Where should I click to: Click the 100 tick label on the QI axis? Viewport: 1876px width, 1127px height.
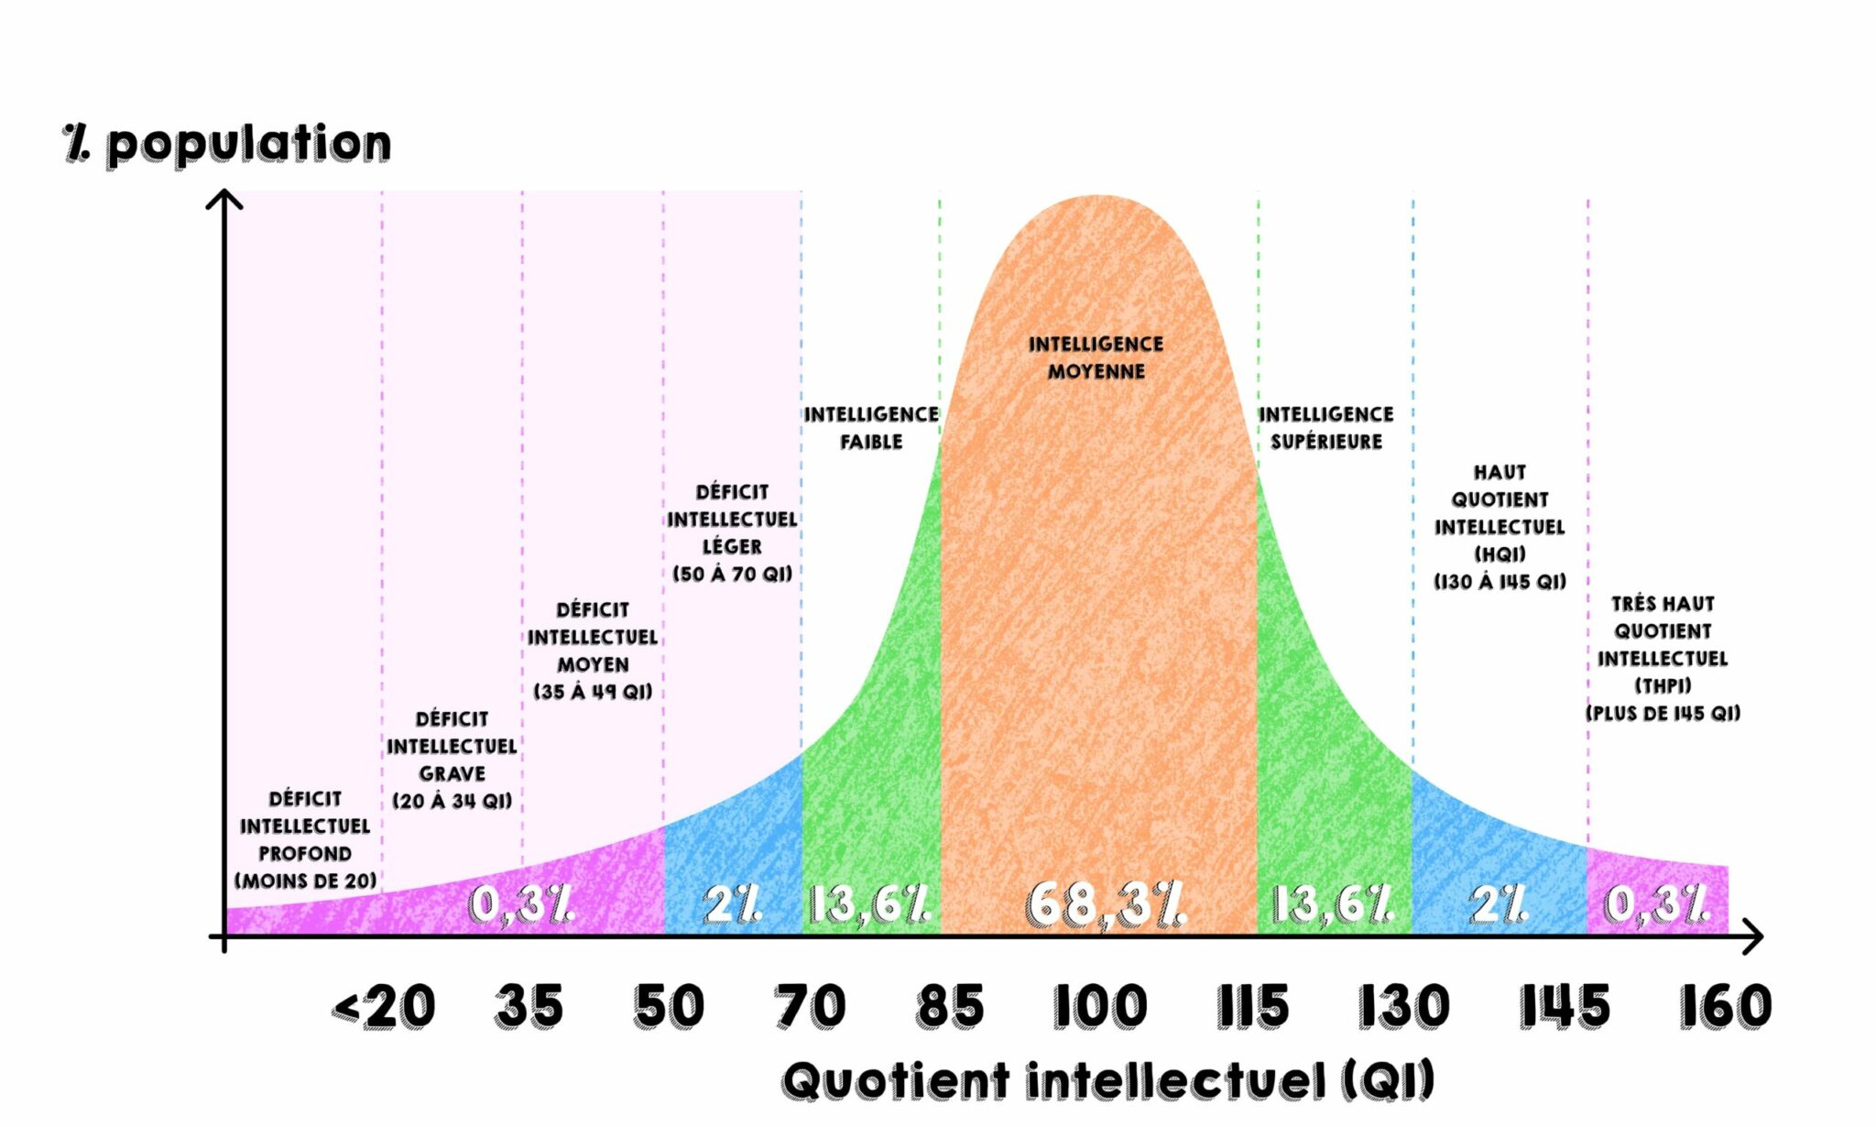pos(1099,1006)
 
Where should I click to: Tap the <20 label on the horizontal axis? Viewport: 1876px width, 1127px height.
pos(384,1007)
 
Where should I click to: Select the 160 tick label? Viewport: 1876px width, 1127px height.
pos(1725,1006)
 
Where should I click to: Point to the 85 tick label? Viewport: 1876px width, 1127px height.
pos(950,1006)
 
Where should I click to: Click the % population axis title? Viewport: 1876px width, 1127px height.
pos(227,144)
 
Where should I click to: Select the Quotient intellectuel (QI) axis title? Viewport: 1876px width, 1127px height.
pos(1107,1080)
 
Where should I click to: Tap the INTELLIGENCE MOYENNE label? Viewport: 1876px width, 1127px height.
pos(1096,357)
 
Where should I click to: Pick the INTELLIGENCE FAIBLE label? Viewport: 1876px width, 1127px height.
pos(871,428)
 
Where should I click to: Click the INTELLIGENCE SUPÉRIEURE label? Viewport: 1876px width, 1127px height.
pos(1325,428)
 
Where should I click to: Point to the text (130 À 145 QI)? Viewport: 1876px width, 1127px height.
pos(1500,582)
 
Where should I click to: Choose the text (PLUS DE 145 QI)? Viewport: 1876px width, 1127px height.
pos(1663,713)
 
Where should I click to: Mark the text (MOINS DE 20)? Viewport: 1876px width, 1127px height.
pos(305,881)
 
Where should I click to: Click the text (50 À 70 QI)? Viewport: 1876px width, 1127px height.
pos(732,574)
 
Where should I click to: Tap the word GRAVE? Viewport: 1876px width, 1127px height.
pos(452,773)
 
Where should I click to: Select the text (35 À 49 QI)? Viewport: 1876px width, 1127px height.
pos(593,692)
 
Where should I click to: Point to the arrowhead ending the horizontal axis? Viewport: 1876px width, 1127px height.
pos(1754,936)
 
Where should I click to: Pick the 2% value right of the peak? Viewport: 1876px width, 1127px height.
pos(1499,904)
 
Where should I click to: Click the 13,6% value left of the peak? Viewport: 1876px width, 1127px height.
pos(869,904)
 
